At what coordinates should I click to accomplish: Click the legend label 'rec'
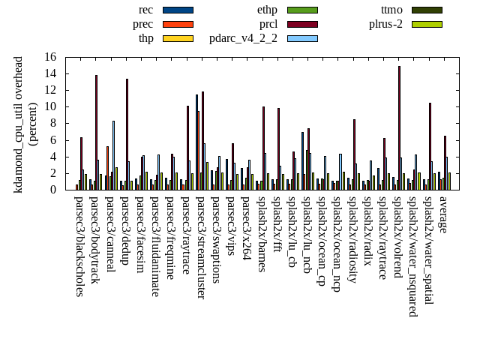click(x=145, y=10)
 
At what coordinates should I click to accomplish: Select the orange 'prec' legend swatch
click(x=178, y=24)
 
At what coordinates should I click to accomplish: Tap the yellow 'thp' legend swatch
click(x=178, y=38)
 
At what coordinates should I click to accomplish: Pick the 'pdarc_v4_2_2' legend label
click(x=243, y=38)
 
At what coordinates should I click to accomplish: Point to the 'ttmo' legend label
click(x=391, y=10)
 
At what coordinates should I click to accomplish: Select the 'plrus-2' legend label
click(x=385, y=24)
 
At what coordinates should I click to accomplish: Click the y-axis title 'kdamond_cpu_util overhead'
click(x=19, y=124)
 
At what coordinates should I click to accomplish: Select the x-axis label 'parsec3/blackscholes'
click(x=79, y=246)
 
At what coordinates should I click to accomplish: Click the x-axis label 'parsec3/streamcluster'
click(x=201, y=247)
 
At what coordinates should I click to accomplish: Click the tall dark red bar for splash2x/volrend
click(x=399, y=127)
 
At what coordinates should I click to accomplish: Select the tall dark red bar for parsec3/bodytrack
click(x=96, y=132)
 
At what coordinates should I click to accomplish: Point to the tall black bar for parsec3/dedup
click(x=127, y=134)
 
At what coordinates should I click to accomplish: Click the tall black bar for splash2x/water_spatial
click(x=430, y=146)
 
